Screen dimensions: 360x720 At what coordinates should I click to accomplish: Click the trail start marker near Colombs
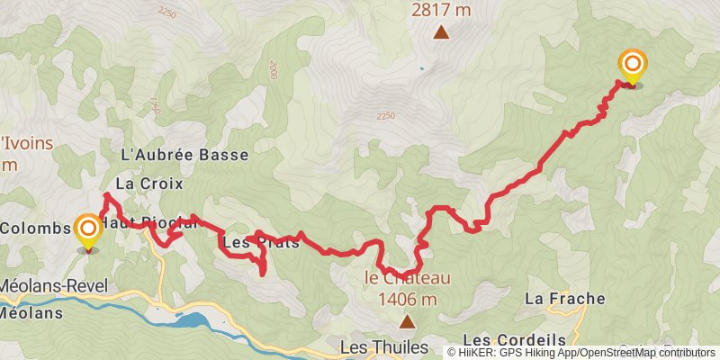88,231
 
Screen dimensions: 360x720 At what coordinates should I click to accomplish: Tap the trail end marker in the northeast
632,64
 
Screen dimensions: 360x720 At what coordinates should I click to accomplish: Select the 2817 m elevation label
441,11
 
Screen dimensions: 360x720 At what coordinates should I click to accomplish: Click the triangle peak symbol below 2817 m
441,34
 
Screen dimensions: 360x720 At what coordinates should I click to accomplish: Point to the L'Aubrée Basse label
184,155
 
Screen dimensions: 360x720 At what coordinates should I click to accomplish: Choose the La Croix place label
149,184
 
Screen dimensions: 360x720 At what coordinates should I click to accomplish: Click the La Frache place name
565,298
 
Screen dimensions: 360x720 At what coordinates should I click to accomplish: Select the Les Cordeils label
514,339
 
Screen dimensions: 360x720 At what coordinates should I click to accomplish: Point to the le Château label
407,278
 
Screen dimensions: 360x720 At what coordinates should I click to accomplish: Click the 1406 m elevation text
408,300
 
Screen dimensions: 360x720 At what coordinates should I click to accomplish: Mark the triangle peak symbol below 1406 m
408,321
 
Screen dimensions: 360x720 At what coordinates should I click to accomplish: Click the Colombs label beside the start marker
34,228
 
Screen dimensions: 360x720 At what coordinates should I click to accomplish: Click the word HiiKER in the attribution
479,353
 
